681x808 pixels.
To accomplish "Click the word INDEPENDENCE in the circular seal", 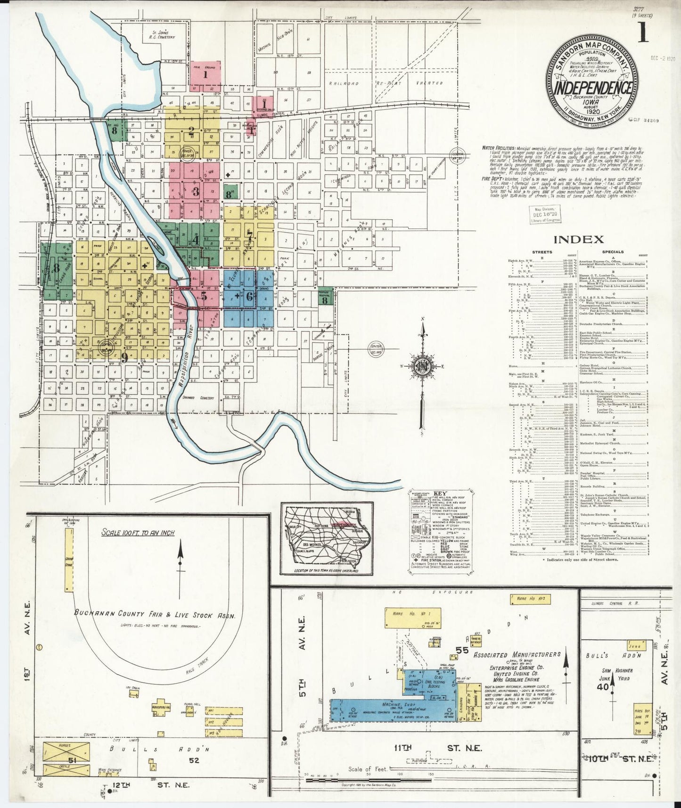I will [592, 88].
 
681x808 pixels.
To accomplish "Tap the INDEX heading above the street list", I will [578, 239].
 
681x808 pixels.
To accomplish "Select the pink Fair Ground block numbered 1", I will [205, 74].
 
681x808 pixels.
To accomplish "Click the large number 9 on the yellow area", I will [124, 357].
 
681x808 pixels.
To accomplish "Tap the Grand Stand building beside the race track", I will [69, 561].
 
